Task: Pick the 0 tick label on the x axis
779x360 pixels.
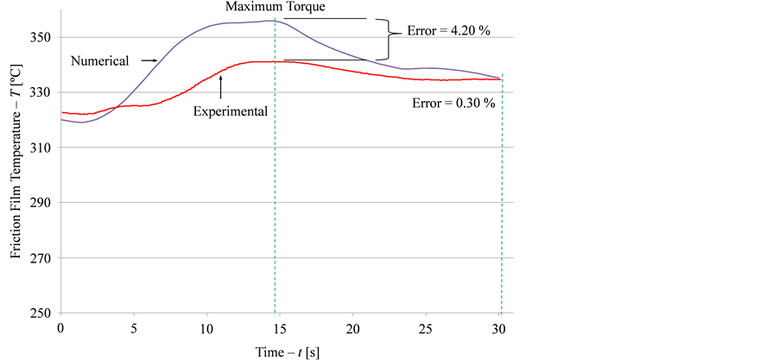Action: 60,329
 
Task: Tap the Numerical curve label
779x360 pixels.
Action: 99,60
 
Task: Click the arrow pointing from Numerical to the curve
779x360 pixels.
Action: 146,60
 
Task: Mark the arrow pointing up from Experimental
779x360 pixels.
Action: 221,86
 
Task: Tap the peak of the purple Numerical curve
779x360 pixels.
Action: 271,21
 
